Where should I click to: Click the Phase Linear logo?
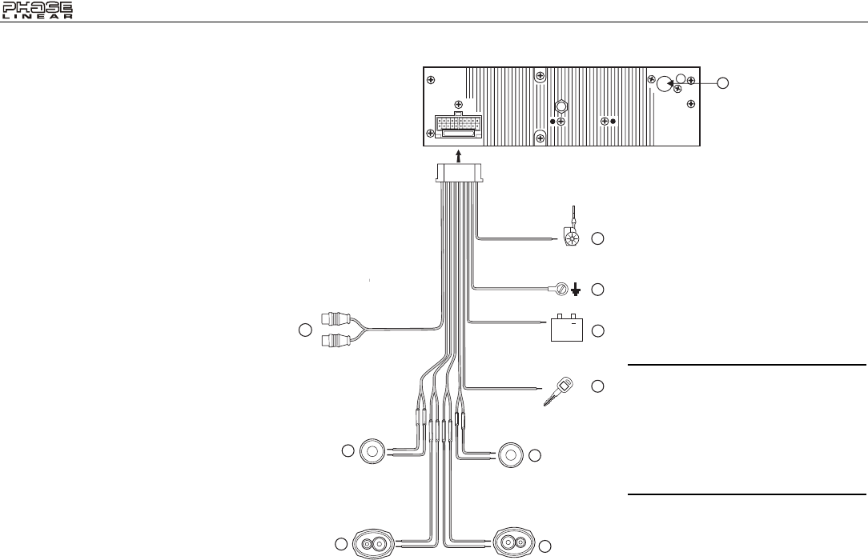(x=38, y=10)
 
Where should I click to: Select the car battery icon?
(x=568, y=328)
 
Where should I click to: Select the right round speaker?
(x=511, y=454)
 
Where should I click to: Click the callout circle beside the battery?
(x=598, y=330)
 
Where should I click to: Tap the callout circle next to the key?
(x=598, y=386)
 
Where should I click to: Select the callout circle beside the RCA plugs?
(x=304, y=330)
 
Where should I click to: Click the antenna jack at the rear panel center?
(x=561, y=106)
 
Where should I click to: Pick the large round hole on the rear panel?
(x=664, y=82)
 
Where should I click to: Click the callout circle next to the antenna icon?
(x=598, y=238)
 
